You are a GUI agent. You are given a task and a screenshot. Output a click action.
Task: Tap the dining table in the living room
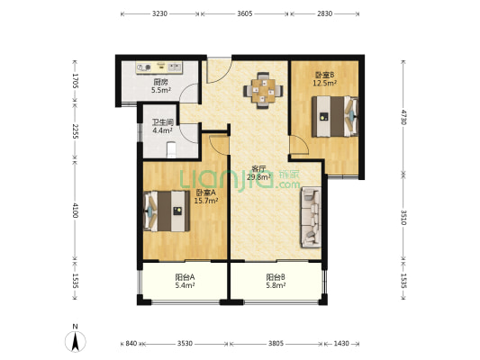pos(263,91)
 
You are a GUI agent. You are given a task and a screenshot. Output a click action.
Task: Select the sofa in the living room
pos(311,217)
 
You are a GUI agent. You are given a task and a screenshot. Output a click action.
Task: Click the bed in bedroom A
pos(167,211)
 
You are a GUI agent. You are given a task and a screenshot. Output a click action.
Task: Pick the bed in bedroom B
pos(335,116)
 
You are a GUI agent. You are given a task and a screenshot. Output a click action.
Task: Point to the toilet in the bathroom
pos(171,150)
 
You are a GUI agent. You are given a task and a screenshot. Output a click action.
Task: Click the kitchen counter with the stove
pos(159,67)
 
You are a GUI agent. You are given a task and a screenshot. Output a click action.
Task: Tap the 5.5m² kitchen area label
pos(161,90)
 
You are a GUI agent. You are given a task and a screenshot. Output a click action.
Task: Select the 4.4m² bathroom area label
pos(162,130)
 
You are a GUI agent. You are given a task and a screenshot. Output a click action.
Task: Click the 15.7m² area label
pos(206,201)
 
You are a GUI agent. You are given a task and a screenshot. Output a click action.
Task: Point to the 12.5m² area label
pos(325,83)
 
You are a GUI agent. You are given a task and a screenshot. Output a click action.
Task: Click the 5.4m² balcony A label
pos(186,285)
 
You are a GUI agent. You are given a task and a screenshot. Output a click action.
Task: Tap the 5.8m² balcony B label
pos(276,285)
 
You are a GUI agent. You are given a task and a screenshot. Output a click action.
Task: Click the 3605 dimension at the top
pos(245,13)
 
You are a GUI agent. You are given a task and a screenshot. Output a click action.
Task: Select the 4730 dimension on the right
pos(403,117)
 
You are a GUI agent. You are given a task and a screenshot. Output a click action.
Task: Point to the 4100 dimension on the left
pos(76,210)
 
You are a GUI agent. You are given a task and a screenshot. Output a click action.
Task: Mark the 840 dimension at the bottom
pos(131,344)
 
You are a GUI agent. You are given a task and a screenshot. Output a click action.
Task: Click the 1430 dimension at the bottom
pos(341,344)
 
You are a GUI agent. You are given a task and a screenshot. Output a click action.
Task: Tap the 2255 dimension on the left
pos(76,131)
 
